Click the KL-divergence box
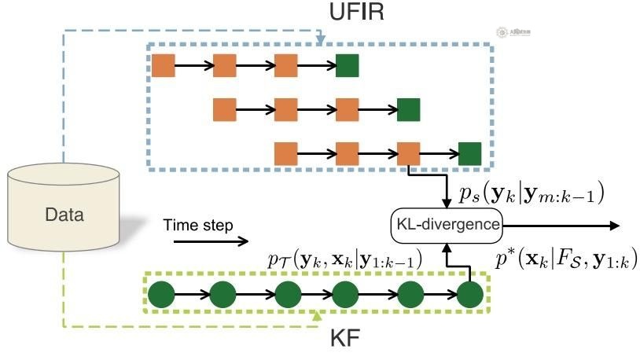(447, 225)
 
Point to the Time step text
(198, 226)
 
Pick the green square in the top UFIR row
(348, 66)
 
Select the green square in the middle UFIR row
(408, 109)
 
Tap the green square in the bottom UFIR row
(469, 152)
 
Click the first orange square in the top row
(163, 66)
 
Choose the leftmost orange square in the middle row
(225, 109)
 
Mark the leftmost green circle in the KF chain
(162, 296)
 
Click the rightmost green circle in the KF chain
(469, 296)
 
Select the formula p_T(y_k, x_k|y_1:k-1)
(344, 259)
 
